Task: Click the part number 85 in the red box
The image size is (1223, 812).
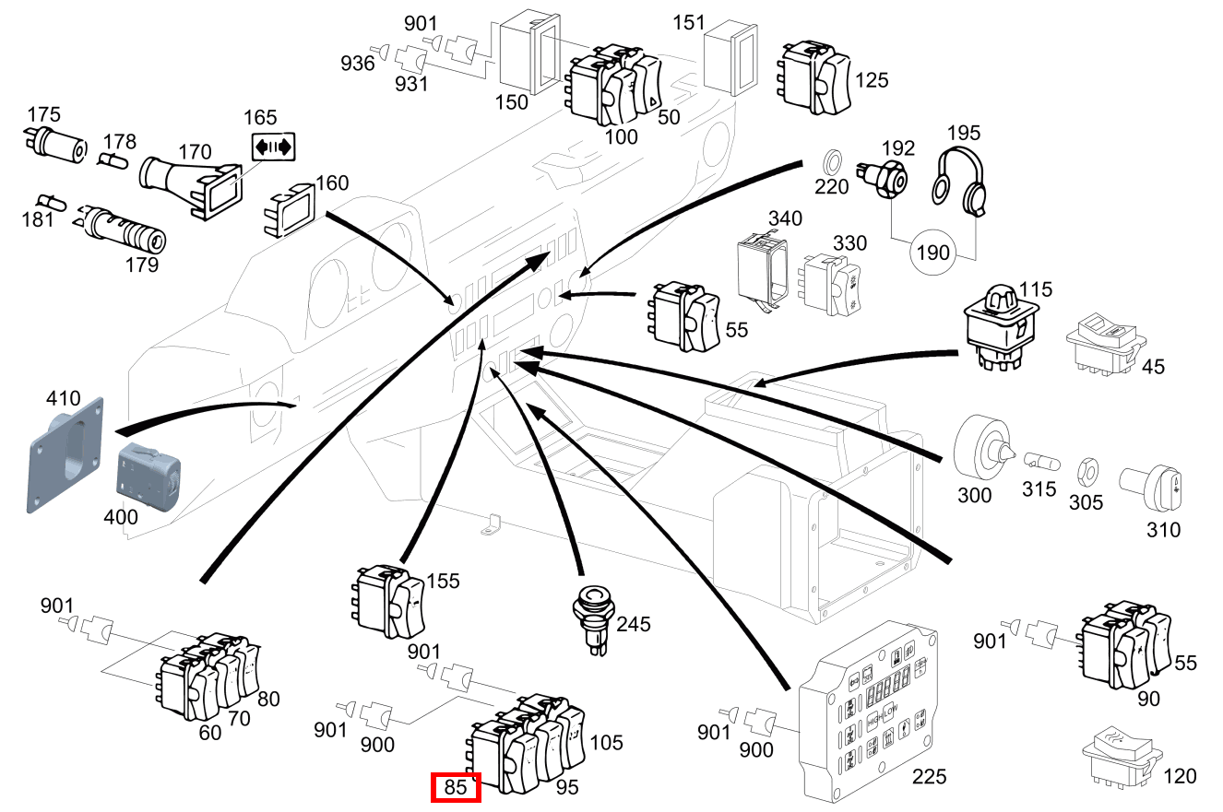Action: coord(457,788)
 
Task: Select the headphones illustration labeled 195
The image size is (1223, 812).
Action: coord(959,182)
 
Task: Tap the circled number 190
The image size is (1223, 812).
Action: coord(933,252)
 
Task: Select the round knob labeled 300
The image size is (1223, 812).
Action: coord(979,448)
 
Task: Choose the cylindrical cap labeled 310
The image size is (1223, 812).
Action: coord(1148,486)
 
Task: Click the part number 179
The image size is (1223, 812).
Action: coord(142,265)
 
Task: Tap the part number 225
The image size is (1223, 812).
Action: coord(929,776)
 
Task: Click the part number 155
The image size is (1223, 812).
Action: coord(443,582)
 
